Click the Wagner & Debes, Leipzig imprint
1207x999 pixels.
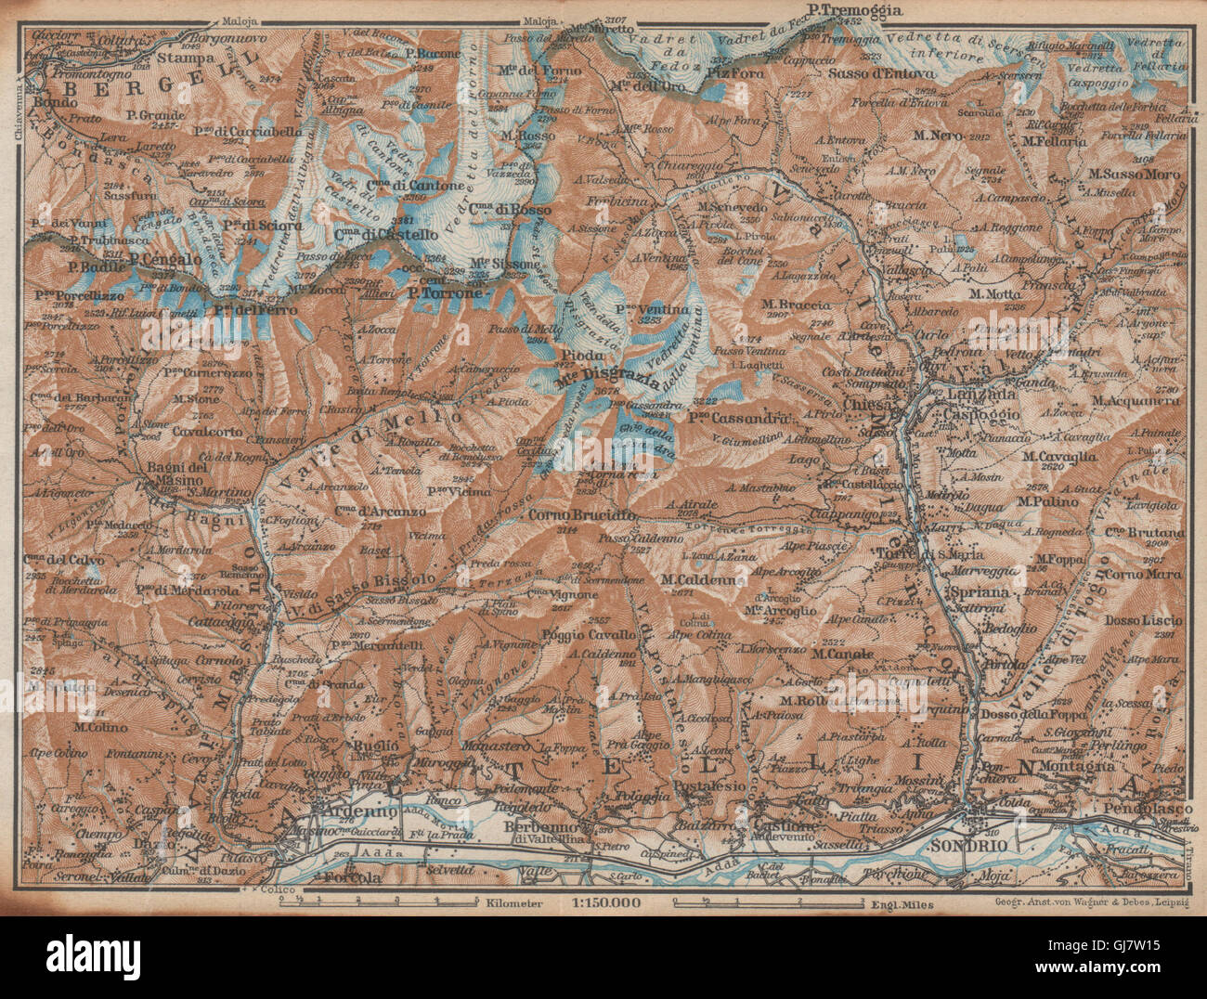coord(1094,902)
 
